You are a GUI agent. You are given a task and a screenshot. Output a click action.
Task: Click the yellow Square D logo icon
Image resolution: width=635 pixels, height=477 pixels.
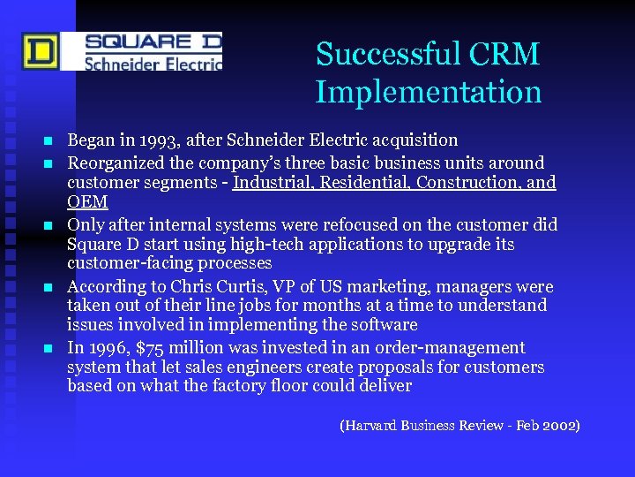tap(41, 51)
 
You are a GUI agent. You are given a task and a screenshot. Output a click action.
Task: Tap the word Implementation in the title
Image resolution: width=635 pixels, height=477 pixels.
tap(429, 91)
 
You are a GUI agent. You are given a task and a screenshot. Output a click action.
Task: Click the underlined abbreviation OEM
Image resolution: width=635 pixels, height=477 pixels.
tap(87, 202)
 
